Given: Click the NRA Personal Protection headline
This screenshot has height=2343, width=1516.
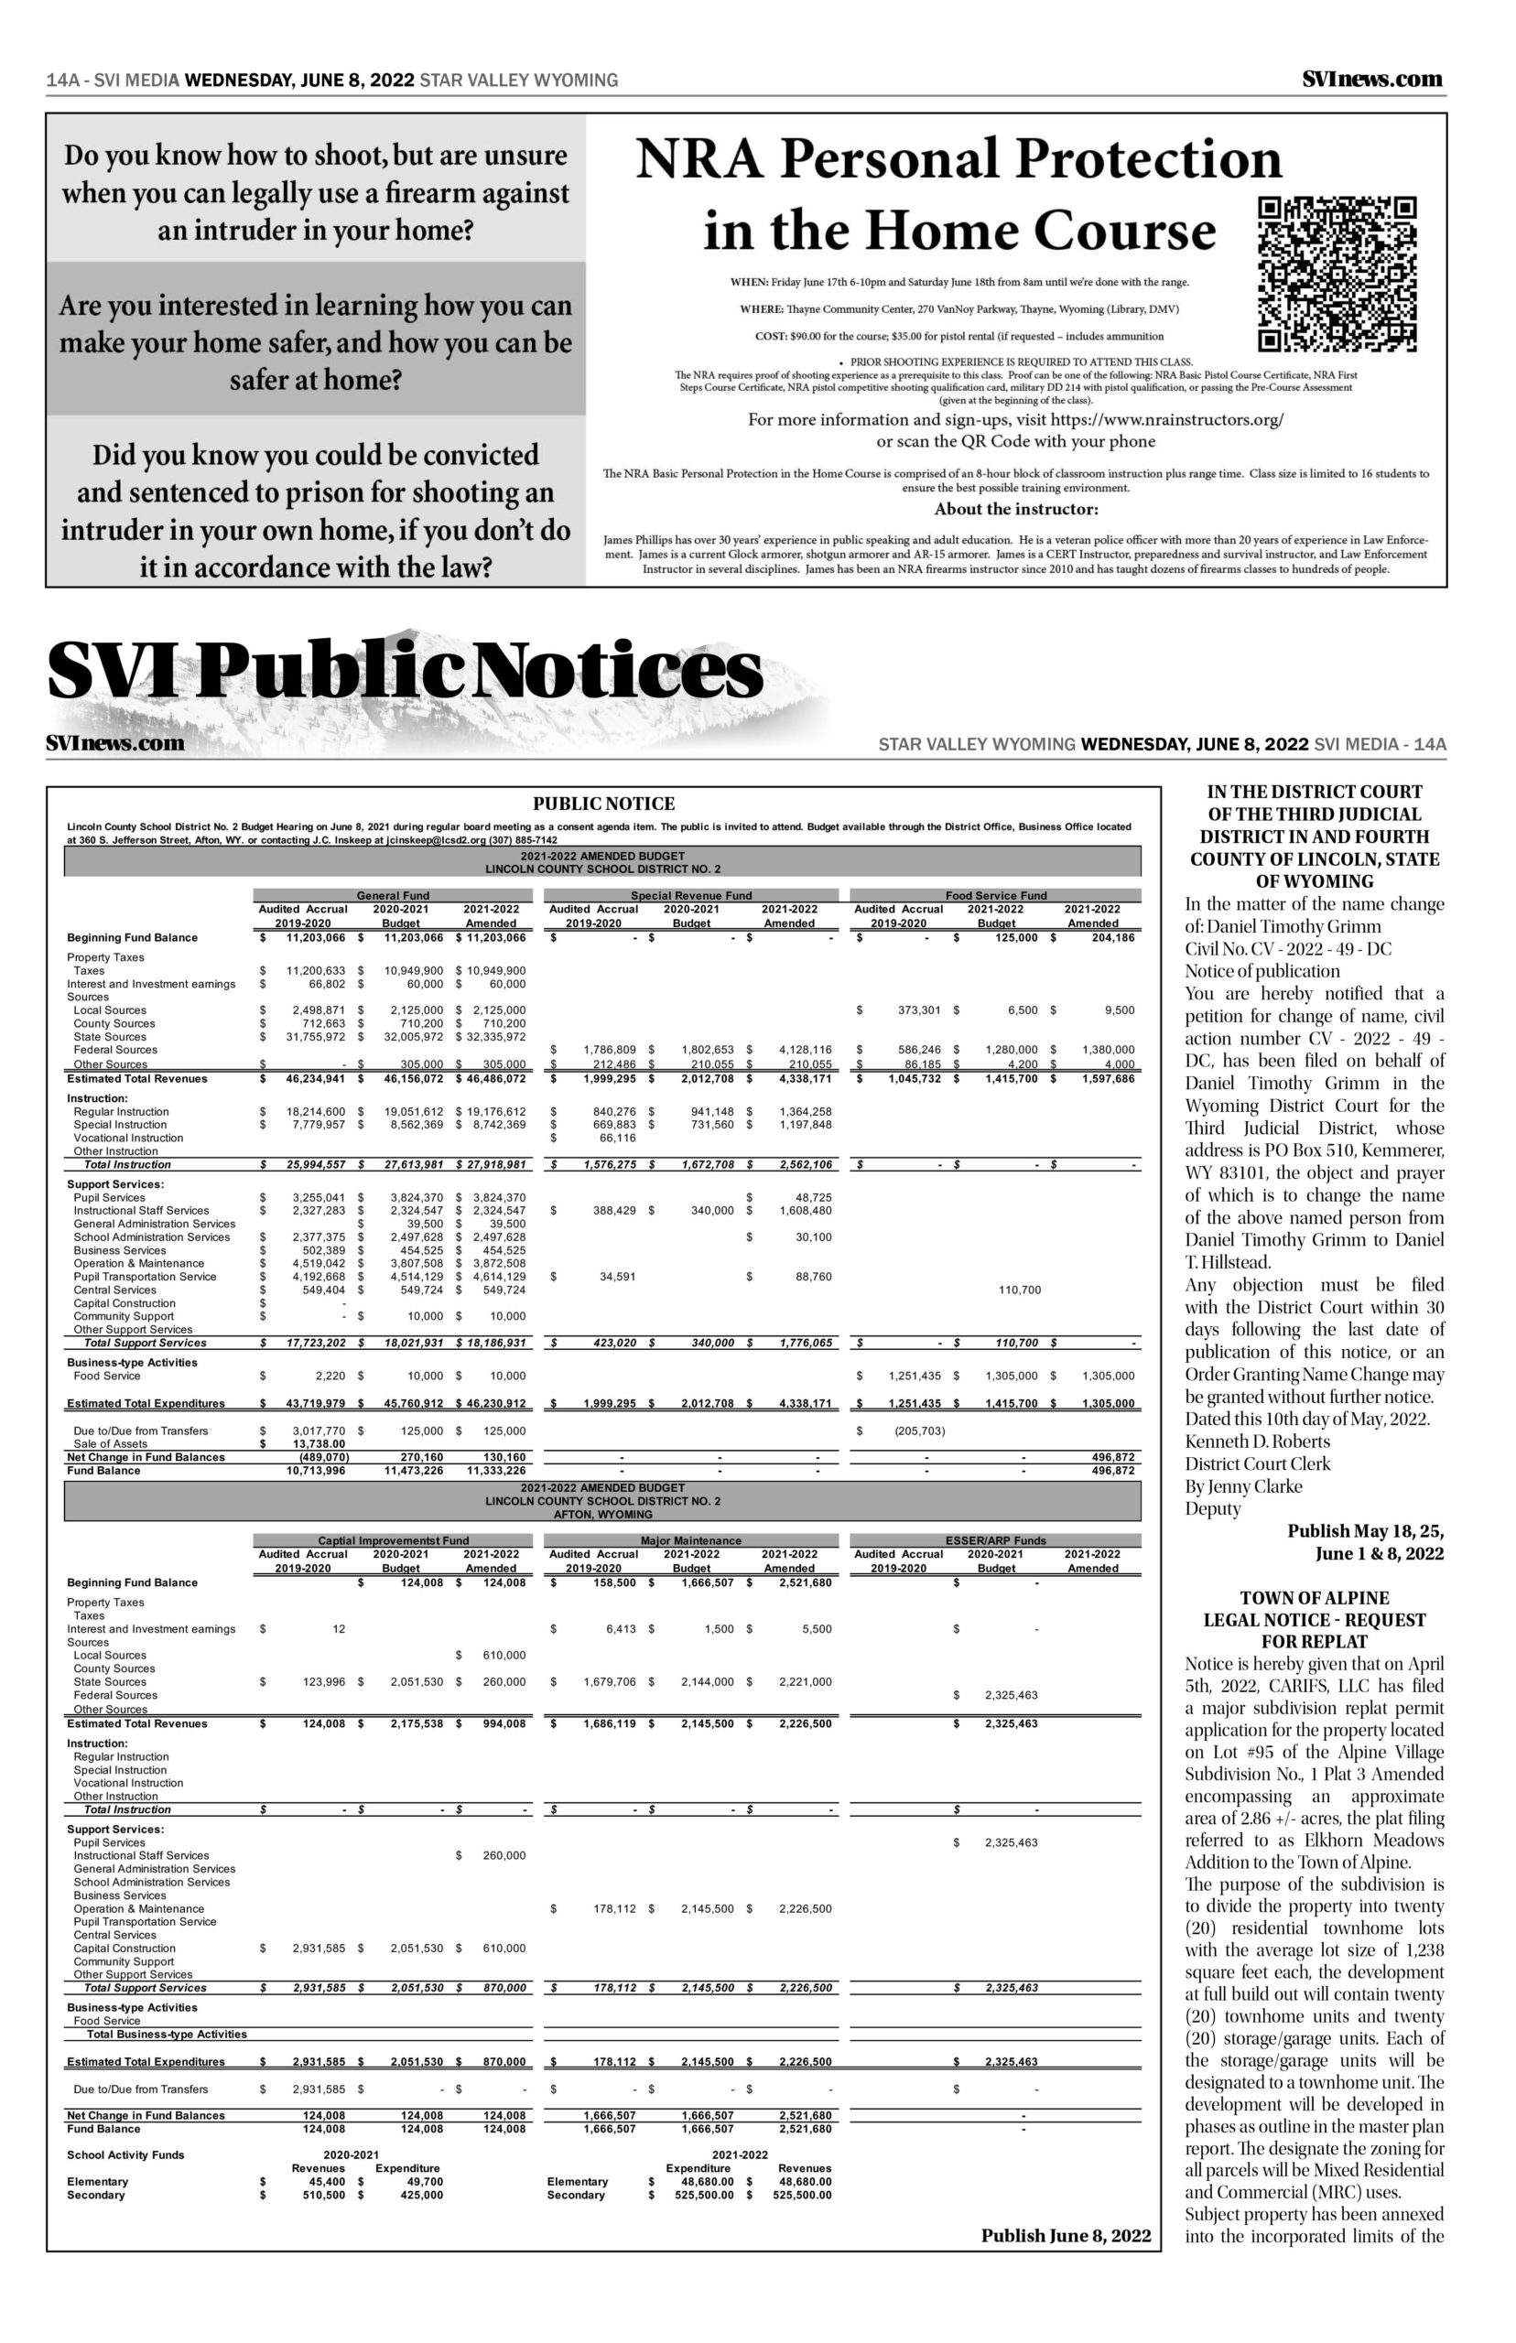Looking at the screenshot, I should tap(959, 195).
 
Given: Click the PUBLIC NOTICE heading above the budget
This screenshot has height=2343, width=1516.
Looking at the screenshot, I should tap(603, 804).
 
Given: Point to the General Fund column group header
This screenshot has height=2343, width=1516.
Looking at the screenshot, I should tap(392, 895).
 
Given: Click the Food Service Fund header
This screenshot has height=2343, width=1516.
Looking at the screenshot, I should tap(995, 895).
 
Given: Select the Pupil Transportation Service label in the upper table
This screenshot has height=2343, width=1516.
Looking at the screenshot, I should tap(145, 1277).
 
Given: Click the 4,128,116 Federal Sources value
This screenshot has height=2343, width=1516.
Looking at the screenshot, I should tap(805, 1050).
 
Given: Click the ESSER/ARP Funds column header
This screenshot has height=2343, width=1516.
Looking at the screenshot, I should tap(995, 1540).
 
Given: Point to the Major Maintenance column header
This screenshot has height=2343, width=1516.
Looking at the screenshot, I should tap(691, 1540).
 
